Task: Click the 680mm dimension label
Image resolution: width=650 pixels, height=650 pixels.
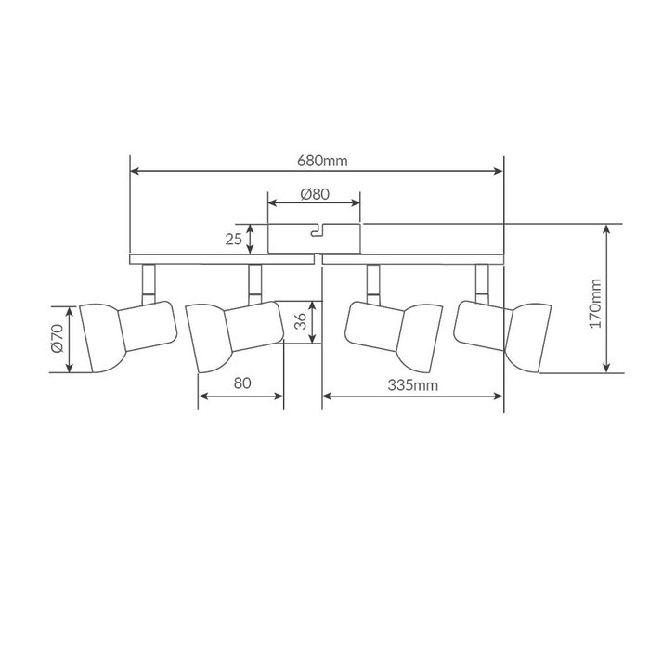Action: click(322, 161)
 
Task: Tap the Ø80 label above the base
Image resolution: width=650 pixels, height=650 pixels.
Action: click(315, 194)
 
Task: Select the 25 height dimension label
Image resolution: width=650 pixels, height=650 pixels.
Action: click(233, 240)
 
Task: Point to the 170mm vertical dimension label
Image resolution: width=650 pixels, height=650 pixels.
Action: click(596, 304)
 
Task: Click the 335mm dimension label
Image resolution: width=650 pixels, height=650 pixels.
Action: click(413, 385)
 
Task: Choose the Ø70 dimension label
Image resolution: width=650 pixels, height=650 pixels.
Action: click(58, 339)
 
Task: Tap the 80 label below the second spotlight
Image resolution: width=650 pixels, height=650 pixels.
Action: click(242, 383)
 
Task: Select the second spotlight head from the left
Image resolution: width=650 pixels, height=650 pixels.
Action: click(235, 337)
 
